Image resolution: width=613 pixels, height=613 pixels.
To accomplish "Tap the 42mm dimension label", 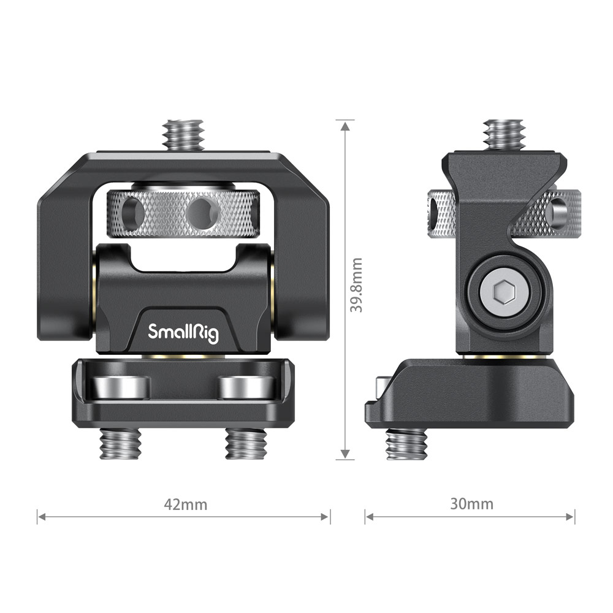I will [186, 504].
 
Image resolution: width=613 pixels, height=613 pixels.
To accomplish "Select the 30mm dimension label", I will [471, 504].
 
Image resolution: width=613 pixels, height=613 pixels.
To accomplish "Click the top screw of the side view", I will [503, 133].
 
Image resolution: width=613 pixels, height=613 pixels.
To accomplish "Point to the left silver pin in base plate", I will [120, 387].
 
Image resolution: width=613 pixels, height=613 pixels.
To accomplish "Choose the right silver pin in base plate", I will [246, 387].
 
